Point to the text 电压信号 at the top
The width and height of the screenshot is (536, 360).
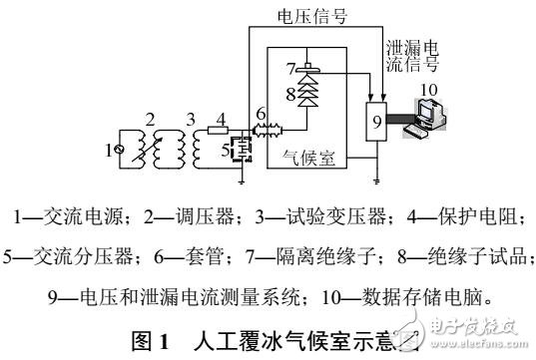click(x=310, y=15)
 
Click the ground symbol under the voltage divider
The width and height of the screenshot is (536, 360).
click(x=244, y=180)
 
